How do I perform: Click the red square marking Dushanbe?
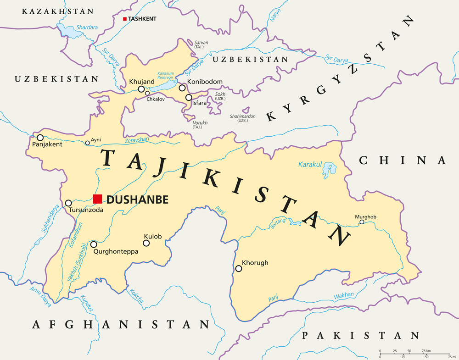[x=97, y=199]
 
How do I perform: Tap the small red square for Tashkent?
[x=124, y=19]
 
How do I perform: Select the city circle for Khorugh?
[x=238, y=269]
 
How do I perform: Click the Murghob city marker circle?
[x=362, y=222]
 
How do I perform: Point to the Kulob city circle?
[x=146, y=243]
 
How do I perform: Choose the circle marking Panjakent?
[x=40, y=138]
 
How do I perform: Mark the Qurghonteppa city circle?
[x=94, y=244]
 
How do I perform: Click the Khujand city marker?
[x=141, y=89]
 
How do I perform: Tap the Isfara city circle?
[x=189, y=97]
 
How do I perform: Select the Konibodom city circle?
[x=182, y=88]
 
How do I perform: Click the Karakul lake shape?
[x=329, y=171]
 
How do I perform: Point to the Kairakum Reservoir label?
[x=166, y=76]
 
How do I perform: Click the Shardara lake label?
[x=87, y=28]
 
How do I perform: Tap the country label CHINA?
[x=402, y=160]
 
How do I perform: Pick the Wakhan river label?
[x=343, y=296]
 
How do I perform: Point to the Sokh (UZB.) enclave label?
[x=220, y=96]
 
